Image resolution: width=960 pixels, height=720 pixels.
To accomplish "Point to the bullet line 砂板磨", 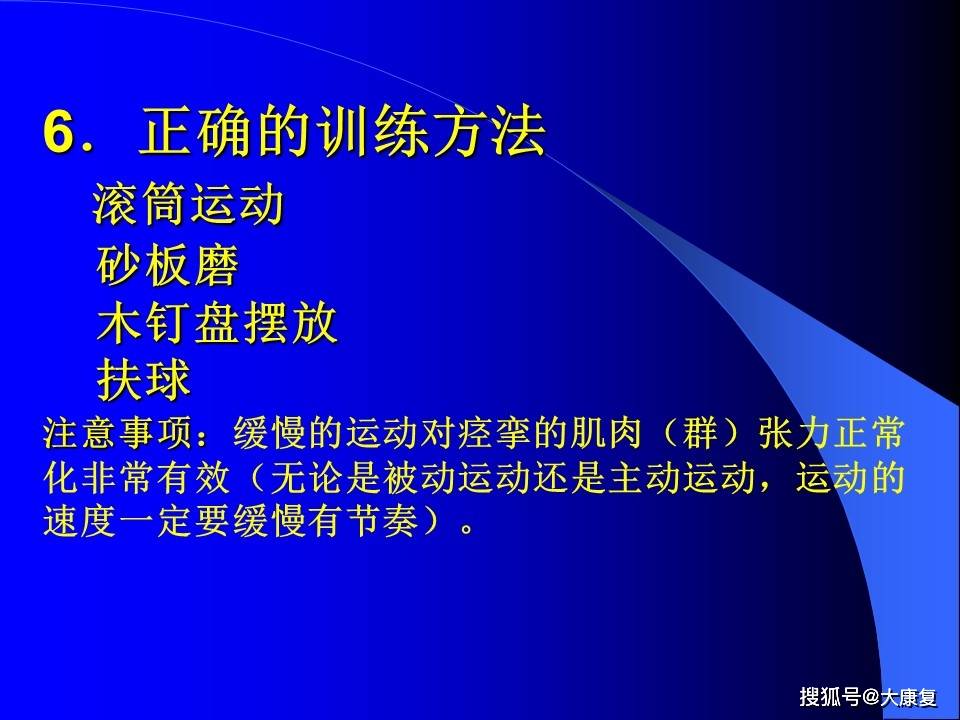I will pos(168,265).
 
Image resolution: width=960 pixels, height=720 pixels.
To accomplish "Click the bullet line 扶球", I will pos(144,380).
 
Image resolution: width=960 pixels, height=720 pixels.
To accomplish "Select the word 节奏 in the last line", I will pos(383,522).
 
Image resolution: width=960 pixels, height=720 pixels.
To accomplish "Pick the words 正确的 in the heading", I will pos(227,132).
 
